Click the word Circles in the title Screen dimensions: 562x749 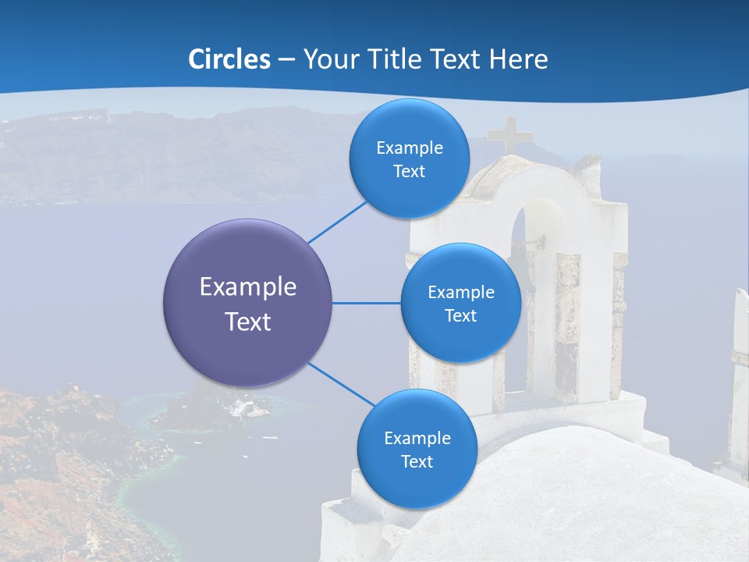point(229,59)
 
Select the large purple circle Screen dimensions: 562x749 point(248,303)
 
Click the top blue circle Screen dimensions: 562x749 point(409,159)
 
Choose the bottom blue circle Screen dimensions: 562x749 point(417,449)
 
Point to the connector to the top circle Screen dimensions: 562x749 point(338,222)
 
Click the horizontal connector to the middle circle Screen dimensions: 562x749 point(366,303)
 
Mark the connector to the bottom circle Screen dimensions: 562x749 point(341,385)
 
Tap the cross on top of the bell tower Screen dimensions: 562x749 point(511,135)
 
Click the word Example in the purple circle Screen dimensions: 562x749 point(248,287)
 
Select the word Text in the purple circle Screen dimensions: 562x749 point(248,322)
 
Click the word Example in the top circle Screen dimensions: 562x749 point(409,148)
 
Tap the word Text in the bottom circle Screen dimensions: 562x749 point(417,461)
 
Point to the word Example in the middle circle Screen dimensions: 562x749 point(460,292)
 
